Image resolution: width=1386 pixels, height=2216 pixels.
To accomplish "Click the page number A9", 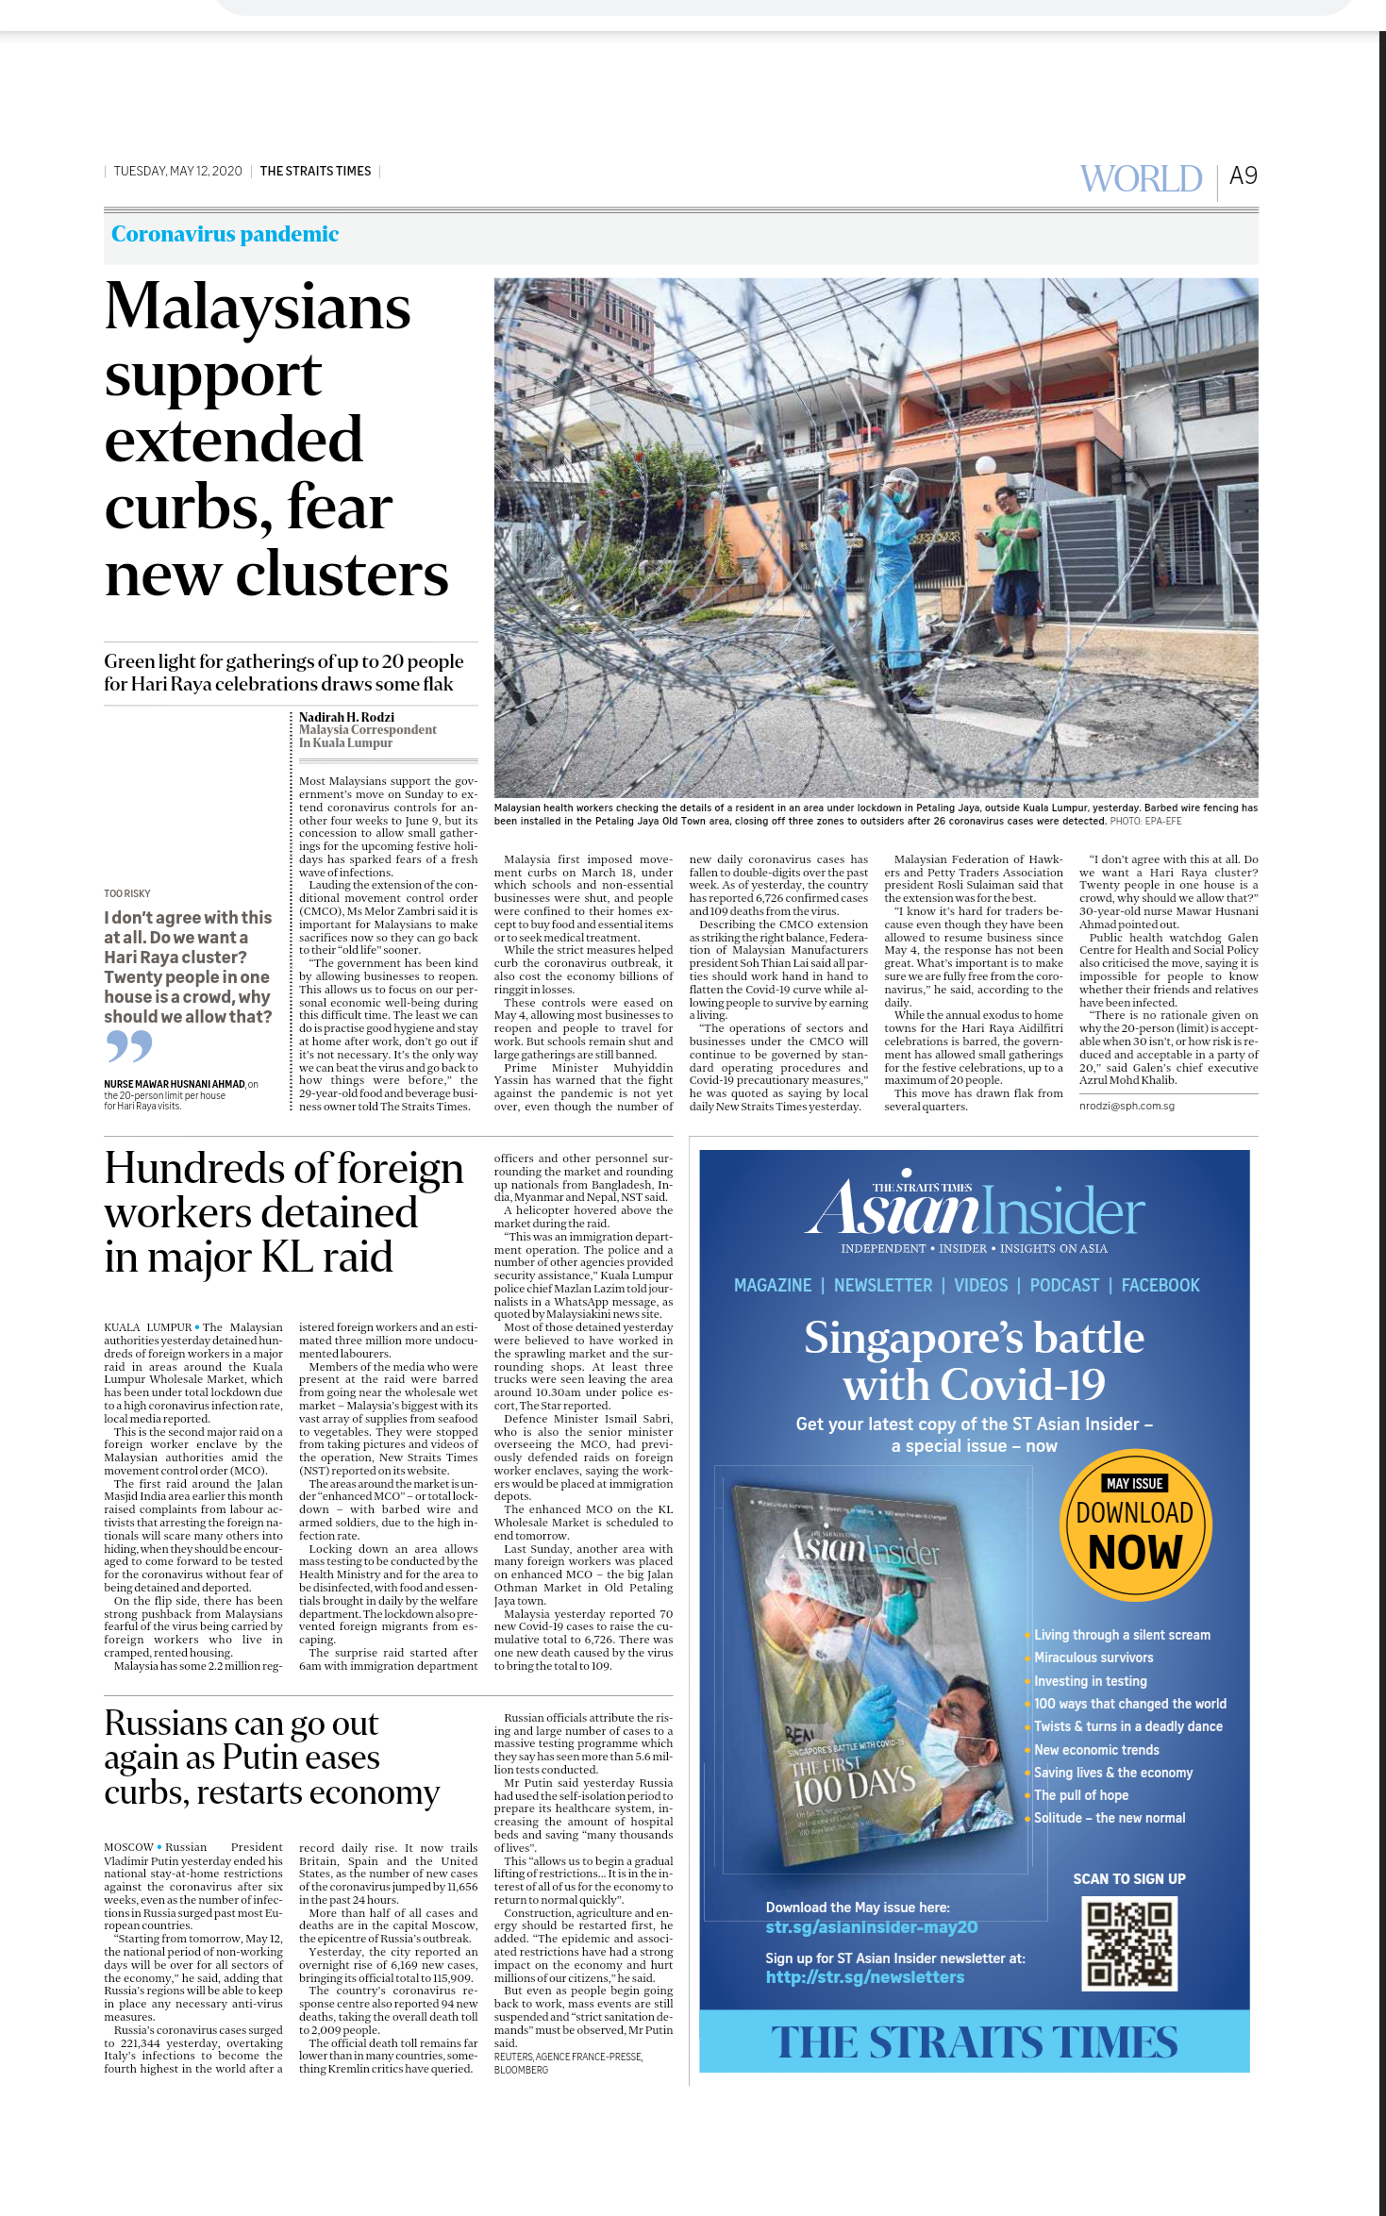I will (x=1243, y=176).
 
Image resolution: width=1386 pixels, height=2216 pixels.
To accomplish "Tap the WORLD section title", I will (x=1141, y=178).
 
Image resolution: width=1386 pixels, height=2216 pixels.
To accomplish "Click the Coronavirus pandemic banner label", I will (x=225, y=234).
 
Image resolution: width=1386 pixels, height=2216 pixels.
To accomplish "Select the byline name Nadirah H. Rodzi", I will (x=346, y=717).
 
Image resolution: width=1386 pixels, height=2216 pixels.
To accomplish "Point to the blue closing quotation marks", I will (x=129, y=1045).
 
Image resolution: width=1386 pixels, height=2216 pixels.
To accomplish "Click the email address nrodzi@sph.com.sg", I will (x=1127, y=1106).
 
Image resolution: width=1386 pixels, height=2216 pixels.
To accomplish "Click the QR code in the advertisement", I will (x=1129, y=1943).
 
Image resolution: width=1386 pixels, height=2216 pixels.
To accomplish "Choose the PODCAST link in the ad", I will (x=1064, y=1285).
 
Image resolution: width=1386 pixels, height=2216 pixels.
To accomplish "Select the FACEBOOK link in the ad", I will (x=1161, y=1285).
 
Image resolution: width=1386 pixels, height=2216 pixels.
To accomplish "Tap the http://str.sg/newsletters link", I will (x=864, y=1976).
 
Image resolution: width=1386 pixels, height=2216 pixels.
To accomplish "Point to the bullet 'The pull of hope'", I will (x=1081, y=1794).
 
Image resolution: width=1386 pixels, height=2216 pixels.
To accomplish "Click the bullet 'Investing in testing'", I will (x=1091, y=1680).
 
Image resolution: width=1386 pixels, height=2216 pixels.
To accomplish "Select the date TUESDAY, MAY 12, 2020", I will (x=177, y=172).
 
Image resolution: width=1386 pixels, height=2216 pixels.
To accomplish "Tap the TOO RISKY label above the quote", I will (x=127, y=893).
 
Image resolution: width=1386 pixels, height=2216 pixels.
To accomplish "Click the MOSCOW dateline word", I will (x=128, y=1846).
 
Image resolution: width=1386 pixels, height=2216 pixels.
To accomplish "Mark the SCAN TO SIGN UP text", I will (x=1129, y=1878).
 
